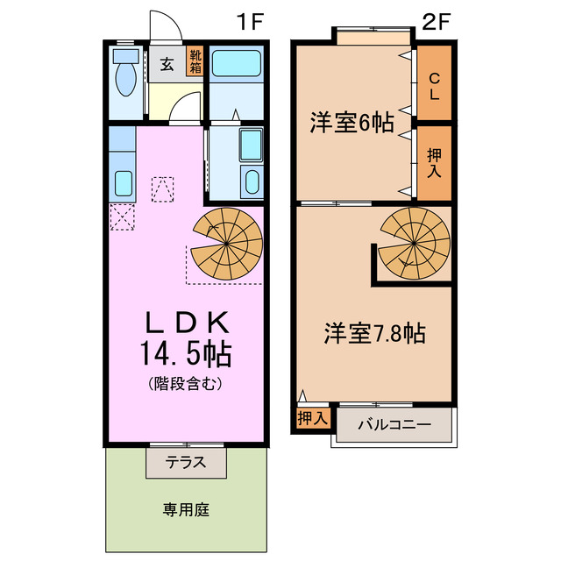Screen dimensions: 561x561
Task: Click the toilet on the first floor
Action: [x=124, y=78]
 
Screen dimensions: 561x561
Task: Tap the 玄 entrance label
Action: [x=166, y=63]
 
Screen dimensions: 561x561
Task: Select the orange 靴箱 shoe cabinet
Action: [x=195, y=62]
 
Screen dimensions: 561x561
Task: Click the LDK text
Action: [x=186, y=322]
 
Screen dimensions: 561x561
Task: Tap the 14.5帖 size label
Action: [x=186, y=354]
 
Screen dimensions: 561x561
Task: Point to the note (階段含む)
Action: [x=186, y=383]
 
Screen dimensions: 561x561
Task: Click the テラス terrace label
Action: [x=186, y=462]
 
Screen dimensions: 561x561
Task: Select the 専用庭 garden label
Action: [x=186, y=509]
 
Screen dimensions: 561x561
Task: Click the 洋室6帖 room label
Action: [x=351, y=123]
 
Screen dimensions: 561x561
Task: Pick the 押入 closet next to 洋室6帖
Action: [x=434, y=163]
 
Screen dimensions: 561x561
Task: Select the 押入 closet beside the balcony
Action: [x=311, y=418]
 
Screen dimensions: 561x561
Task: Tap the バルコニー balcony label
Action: [x=394, y=425]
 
